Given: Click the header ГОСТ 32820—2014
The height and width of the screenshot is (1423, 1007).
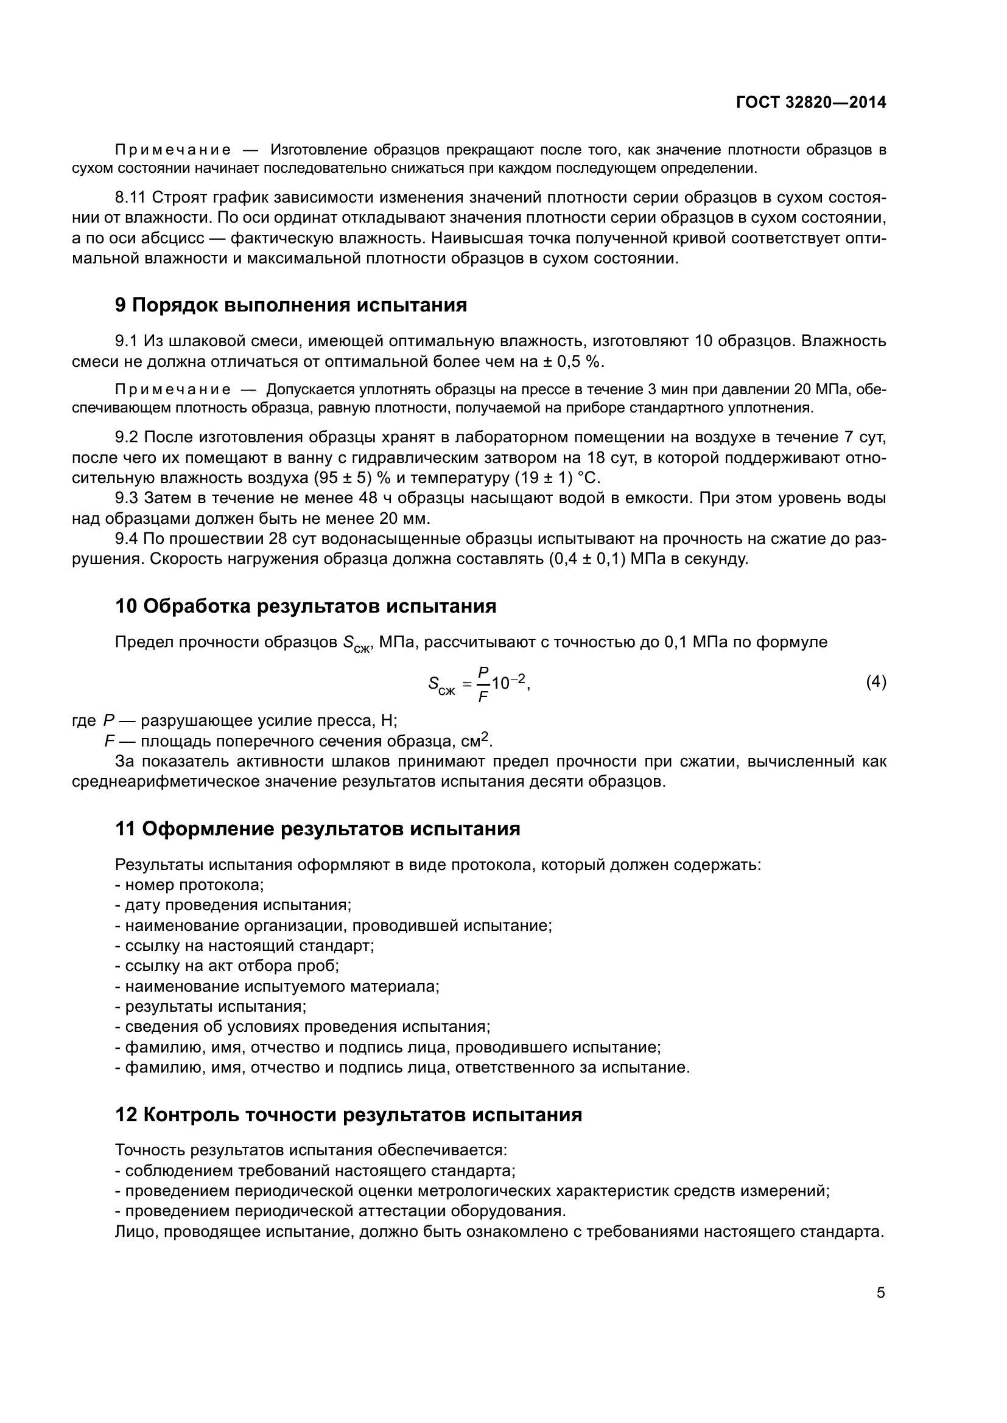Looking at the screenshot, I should tap(810, 103).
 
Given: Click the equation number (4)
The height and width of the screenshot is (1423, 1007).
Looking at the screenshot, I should tap(875, 683).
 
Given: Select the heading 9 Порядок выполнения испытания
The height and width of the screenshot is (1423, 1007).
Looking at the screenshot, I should tap(291, 305).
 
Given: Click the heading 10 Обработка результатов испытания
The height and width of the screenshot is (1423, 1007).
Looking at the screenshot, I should tap(306, 606).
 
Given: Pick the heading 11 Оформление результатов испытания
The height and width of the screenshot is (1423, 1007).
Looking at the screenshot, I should tap(317, 829).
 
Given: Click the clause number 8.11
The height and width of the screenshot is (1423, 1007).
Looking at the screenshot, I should tap(130, 198).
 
